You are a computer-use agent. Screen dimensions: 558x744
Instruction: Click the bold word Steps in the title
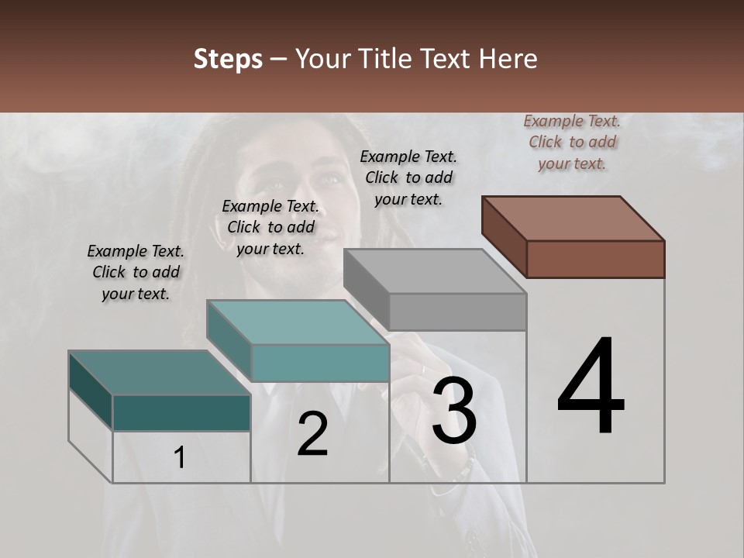pyautogui.click(x=228, y=59)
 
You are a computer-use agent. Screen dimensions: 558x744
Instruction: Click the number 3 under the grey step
pyautogui.click(x=454, y=411)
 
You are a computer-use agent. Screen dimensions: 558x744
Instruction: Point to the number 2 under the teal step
pyautogui.click(x=312, y=434)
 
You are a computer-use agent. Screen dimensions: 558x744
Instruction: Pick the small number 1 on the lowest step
pyautogui.click(x=180, y=458)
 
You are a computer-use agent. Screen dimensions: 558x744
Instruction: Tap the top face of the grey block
pyautogui.click(x=435, y=271)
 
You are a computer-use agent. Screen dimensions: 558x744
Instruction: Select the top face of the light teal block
pyautogui.click(x=298, y=322)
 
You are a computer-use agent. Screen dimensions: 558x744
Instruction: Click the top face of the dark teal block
pyautogui.click(x=159, y=373)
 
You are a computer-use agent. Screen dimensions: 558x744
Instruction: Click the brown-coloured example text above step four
pyautogui.click(x=572, y=143)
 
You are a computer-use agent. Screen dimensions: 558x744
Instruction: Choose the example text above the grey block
pyautogui.click(x=408, y=177)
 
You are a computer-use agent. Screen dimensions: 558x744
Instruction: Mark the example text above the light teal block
pyautogui.click(x=270, y=227)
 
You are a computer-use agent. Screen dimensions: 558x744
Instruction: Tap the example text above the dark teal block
pyautogui.click(x=136, y=272)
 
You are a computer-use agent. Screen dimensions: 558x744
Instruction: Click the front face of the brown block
pyautogui.click(x=595, y=259)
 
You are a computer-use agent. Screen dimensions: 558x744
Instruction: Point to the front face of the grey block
pyautogui.click(x=457, y=312)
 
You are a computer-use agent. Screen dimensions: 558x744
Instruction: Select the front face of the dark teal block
pyautogui.click(x=181, y=412)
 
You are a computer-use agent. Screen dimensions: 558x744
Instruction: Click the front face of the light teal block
pyautogui.click(x=320, y=363)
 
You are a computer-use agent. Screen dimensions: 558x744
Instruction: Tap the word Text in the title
pyautogui.click(x=449, y=59)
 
